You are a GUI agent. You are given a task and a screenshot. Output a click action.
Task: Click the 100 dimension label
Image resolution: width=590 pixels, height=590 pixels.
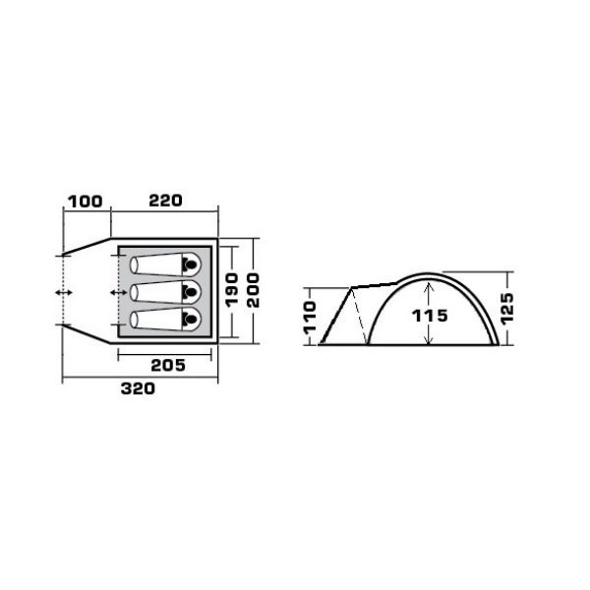point(85,202)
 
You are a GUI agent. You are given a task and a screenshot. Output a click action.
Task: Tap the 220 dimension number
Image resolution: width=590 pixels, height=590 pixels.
point(165,201)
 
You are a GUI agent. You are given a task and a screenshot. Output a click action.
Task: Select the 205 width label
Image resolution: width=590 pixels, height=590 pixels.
point(168,366)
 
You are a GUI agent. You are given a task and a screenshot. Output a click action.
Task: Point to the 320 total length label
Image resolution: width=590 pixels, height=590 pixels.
point(138,388)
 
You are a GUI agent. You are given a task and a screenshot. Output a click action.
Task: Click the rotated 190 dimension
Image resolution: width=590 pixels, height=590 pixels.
point(232,289)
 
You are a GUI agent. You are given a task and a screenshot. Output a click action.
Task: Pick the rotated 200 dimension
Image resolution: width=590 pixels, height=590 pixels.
point(254,290)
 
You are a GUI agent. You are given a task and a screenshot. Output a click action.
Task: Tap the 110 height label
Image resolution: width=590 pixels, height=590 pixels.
point(311,317)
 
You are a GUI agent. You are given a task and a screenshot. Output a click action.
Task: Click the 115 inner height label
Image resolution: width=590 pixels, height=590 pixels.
point(430,316)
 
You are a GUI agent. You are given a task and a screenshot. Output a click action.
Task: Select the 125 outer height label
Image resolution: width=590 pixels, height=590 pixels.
point(506,307)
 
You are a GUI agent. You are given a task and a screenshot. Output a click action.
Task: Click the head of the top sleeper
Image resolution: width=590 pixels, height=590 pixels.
point(191,265)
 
